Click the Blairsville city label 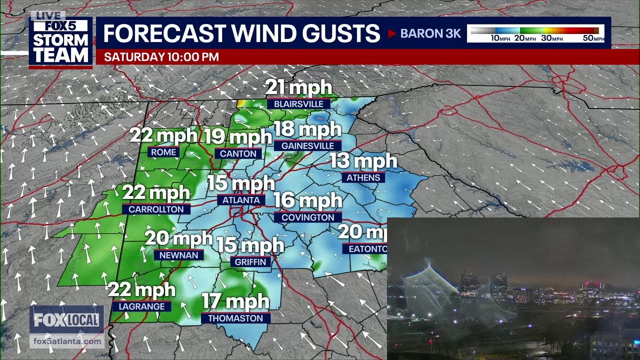point(298,104)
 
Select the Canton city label point(238,154)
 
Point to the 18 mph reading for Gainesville point(307,130)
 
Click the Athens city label point(363,178)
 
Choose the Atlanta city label point(241,200)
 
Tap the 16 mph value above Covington point(307,201)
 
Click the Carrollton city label point(156,209)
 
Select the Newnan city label point(178,255)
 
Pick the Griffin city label point(251,262)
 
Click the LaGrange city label point(141,306)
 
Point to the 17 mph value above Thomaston point(235,302)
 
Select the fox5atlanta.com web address point(66,341)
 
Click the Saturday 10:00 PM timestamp point(161,57)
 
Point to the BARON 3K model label point(430,34)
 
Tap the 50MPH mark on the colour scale point(593,38)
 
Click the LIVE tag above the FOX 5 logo point(47,15)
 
